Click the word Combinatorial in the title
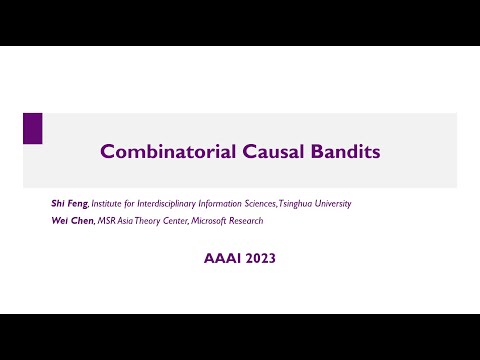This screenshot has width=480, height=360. coord(159,152)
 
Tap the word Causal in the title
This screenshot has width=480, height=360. coord(259,152)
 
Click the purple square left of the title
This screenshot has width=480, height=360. coord(32,128)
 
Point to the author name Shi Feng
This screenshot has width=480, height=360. coord(70,204)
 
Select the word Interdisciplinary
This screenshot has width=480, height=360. coord(163,204)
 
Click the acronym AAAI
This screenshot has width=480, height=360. coord(218,258)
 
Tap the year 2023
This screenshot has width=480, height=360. coord(257,258)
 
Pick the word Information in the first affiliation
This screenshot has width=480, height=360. coord(213,204)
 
